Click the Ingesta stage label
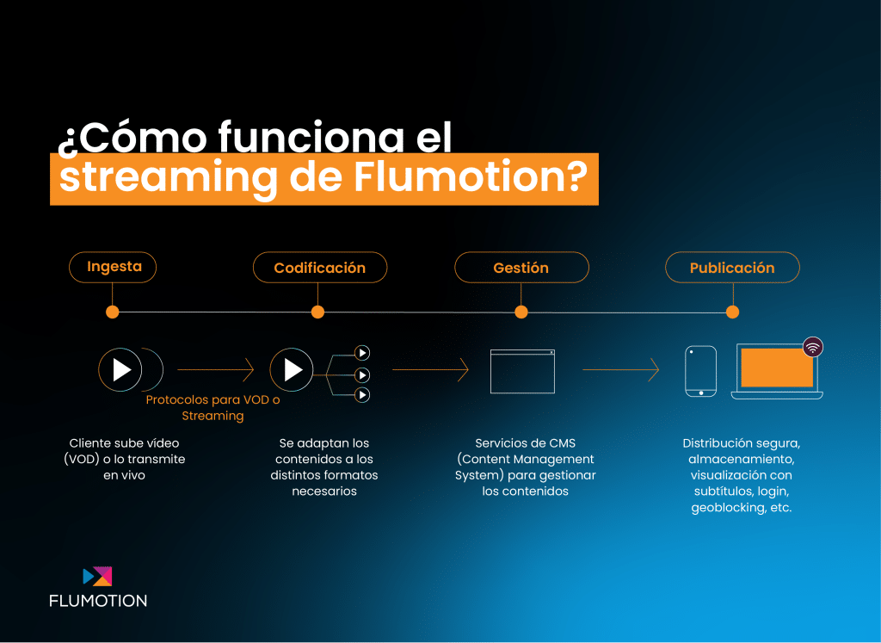point(113,267)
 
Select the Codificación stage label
point(320,268)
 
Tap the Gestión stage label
point(521,268)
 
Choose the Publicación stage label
point(732,268)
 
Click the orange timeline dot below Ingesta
point(113,312)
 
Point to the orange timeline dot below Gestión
point(521,312)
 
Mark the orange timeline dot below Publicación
point(733,312)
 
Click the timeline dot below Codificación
point(318,312)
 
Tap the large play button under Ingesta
point(120,370)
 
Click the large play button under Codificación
point(292,370)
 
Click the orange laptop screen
point(777,368)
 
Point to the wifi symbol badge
point(812,348)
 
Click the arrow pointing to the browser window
point(430,370)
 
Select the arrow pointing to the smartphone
point(621,370)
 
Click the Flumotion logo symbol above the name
point(97,576)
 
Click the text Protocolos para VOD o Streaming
point(213,407)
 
